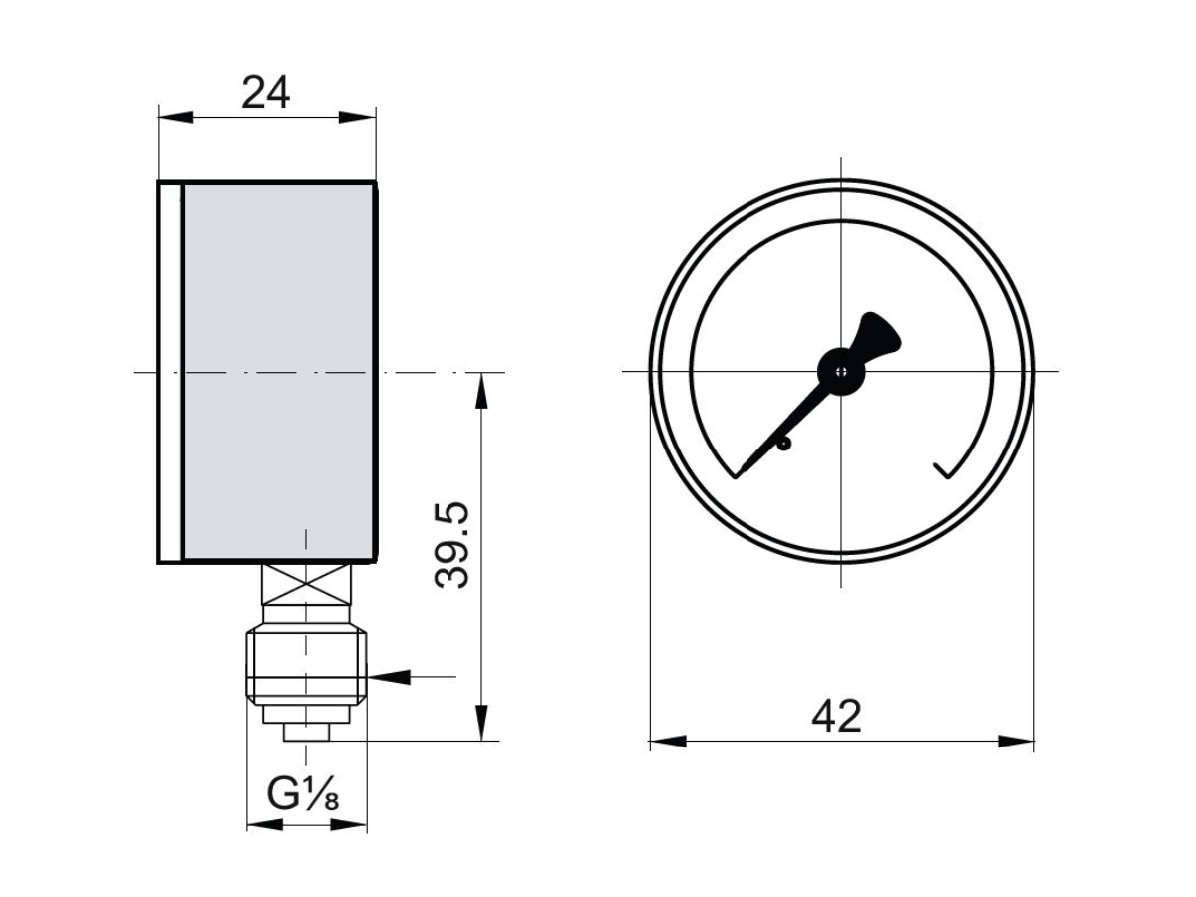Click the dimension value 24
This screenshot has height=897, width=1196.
(266, 93)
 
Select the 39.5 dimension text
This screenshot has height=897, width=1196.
(454, 546)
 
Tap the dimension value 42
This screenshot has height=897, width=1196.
(836, 716)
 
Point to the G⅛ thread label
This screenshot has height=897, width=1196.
(304, 795)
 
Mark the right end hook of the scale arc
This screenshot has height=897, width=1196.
(940, 469)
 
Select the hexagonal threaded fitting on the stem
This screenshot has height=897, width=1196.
(306, 665)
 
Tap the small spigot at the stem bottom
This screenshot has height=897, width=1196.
(306, 733)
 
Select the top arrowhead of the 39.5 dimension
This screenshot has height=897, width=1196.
(482, 390)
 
